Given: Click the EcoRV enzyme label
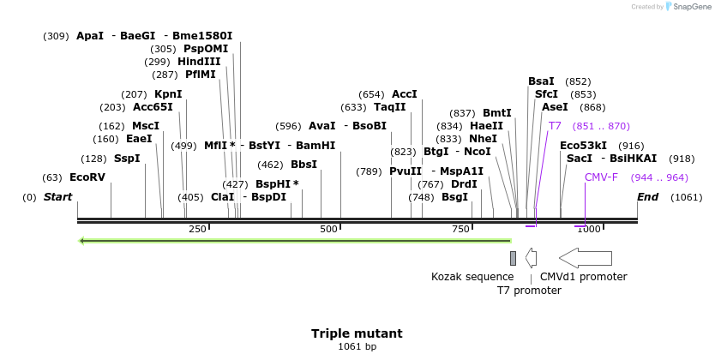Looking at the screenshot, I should click(x=87, y=177).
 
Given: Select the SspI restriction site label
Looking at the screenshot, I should click(x=127, y=159).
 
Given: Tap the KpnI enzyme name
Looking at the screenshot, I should click(x=168, y=93).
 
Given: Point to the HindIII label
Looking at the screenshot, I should click(x=199, y=62).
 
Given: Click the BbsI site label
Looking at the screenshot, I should click(x=303, y=165).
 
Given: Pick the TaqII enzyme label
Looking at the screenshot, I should click(x=389, y=107).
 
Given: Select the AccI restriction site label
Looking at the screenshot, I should click(x=404, y=93).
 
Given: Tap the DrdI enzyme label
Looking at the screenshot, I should click(x=464, y=184).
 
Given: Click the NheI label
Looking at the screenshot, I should click(x=483, y=139).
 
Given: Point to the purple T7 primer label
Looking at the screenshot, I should click(x=555, y=126).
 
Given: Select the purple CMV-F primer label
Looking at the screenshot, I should click(x=601, y=177).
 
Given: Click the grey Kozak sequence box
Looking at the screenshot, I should click(x=513, y=258).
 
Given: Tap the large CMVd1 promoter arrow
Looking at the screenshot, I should click(x=586, y=258).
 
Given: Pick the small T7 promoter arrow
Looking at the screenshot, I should click(x=532, y=258).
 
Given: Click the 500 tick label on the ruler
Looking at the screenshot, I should click(x=329, y=230).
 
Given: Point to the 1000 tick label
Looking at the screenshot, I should click(x=588, y=230).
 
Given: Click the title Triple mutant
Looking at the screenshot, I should click(x=357, y=333).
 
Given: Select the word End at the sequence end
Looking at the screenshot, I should click(x=648, y=197).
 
